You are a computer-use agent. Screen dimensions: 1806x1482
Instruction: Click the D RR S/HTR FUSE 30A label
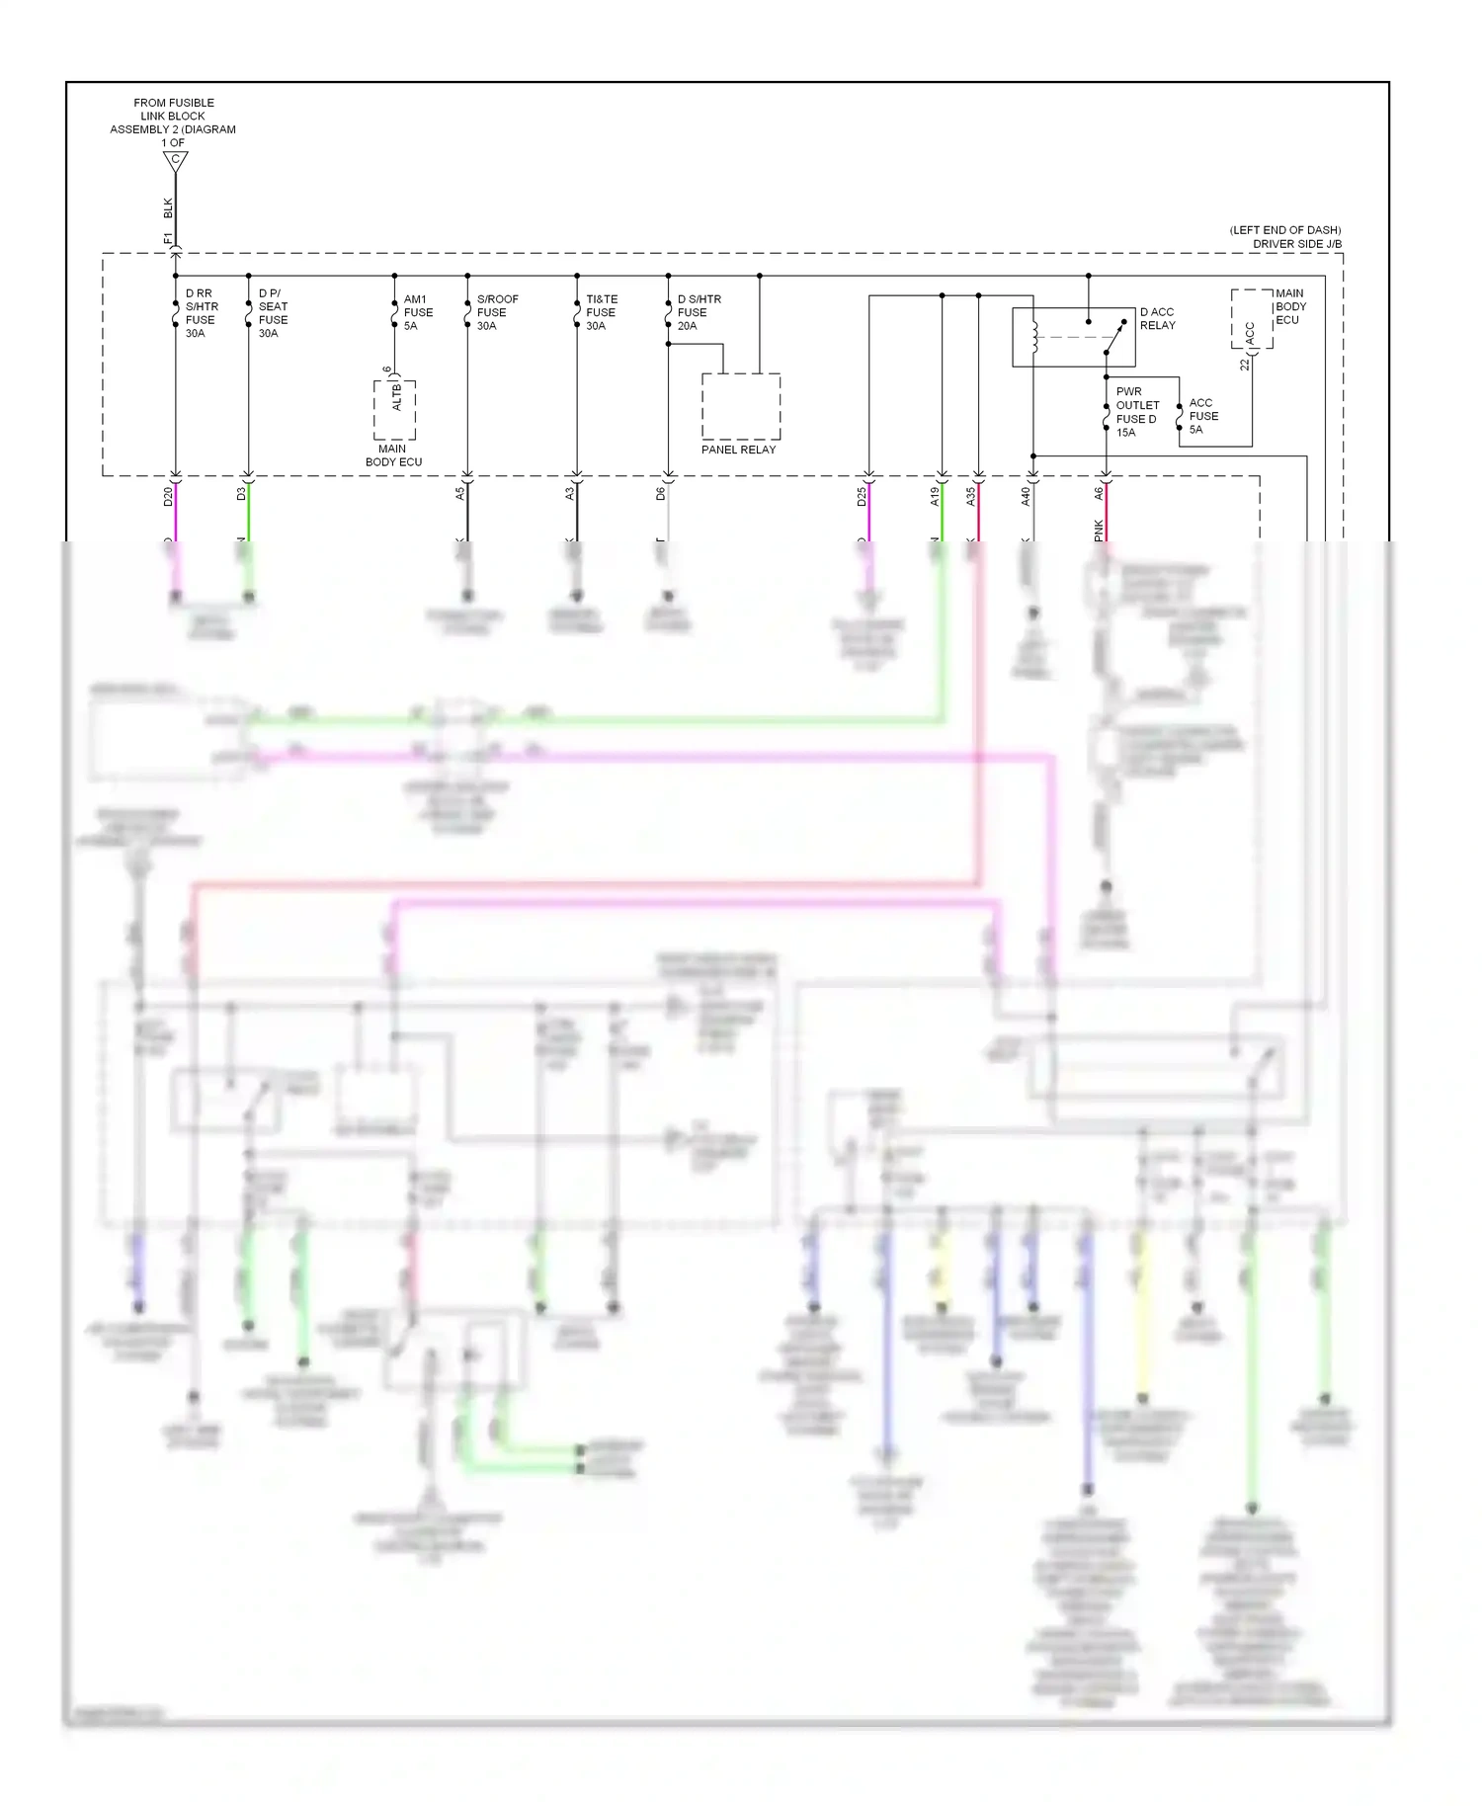tap(202, 313)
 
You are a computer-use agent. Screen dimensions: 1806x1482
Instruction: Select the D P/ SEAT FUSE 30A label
tap(273, 313)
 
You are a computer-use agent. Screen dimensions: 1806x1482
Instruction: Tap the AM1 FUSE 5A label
tap(417, 312)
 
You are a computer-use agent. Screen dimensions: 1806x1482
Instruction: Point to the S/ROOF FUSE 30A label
tap(496, 312)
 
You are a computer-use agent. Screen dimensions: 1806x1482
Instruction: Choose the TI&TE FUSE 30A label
tap(601, 312)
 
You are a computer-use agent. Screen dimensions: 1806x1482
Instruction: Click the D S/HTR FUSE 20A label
tap(698, 312)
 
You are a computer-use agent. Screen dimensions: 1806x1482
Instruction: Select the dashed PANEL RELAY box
tap(741, 406)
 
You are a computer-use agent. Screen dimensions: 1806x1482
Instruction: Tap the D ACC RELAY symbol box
tap(1073, 337)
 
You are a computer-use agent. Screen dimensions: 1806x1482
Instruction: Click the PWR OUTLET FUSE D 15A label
tap(1136, 412)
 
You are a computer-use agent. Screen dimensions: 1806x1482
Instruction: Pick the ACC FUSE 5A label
tap(1202, 416)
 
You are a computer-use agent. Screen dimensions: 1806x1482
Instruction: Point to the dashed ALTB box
tap(394, 409)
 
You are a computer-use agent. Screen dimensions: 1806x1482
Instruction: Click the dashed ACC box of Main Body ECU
tap(1251, 319)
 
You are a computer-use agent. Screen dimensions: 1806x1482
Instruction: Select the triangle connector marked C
tap(176, 160)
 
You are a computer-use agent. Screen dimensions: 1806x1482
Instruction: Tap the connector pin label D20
tap(168, 497)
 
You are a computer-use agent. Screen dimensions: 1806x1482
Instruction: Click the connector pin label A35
tap(970, 497)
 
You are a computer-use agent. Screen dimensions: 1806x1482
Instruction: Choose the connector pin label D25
tap(862, 497)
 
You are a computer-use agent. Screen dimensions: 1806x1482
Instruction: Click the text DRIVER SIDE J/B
tap(1296, 244)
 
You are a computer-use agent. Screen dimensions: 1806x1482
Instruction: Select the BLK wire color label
tap(168, 208)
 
